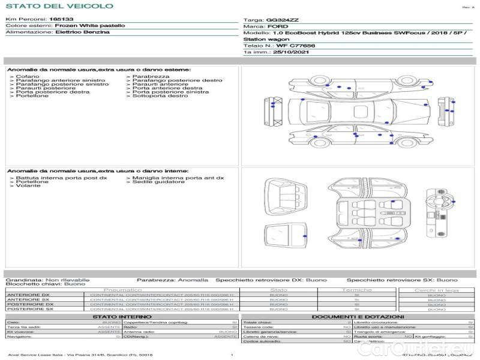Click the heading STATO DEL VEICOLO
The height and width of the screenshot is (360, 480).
coord(59,6)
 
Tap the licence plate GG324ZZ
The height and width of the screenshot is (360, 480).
coord(281,20)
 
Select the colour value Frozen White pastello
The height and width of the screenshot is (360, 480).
coord(90,26)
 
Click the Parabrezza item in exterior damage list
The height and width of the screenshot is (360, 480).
coord(151,77)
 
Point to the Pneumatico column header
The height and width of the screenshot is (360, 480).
coord(127,290)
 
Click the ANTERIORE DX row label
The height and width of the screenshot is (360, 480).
coord(28,295)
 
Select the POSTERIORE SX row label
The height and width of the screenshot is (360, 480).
coord(30,309)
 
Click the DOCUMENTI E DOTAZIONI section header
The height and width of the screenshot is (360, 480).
coord(358,317)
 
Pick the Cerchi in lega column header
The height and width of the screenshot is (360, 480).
coord(436,290)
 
